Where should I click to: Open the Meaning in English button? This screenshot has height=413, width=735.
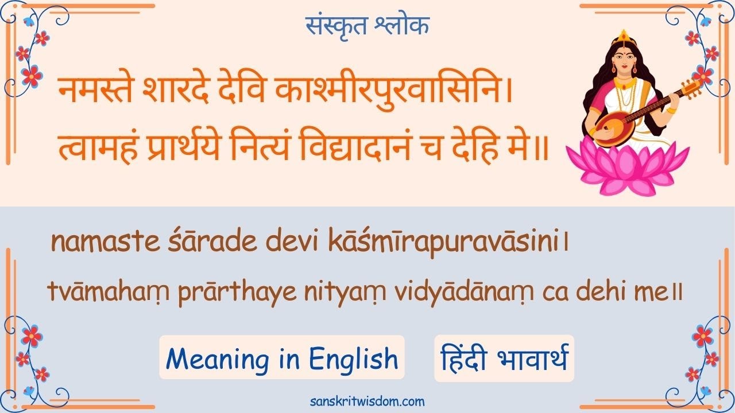click(x=281, y=359)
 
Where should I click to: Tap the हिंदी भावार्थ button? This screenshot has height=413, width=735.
click(x=504, y=359)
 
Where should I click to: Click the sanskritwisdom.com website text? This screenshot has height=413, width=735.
click(x=367, y=401)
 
